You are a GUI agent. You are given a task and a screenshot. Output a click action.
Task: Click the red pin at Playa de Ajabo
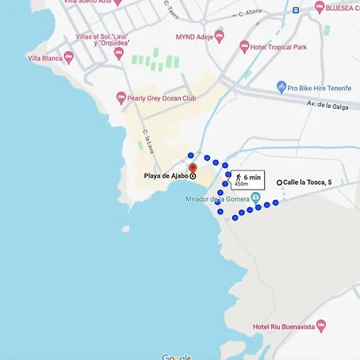192,168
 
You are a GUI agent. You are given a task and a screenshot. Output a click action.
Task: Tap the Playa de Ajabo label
165,175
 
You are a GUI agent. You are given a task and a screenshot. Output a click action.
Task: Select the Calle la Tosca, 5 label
307,182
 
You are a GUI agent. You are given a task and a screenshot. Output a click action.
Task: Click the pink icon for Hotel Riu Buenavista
321,326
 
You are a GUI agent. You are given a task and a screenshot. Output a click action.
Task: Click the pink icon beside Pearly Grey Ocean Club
120,100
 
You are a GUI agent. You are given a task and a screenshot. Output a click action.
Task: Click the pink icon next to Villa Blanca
69,57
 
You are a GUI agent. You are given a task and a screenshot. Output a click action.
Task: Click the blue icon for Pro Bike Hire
282,86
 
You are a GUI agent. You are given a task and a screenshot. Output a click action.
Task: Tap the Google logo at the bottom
177,357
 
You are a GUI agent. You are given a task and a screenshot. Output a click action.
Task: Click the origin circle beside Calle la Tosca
279,182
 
